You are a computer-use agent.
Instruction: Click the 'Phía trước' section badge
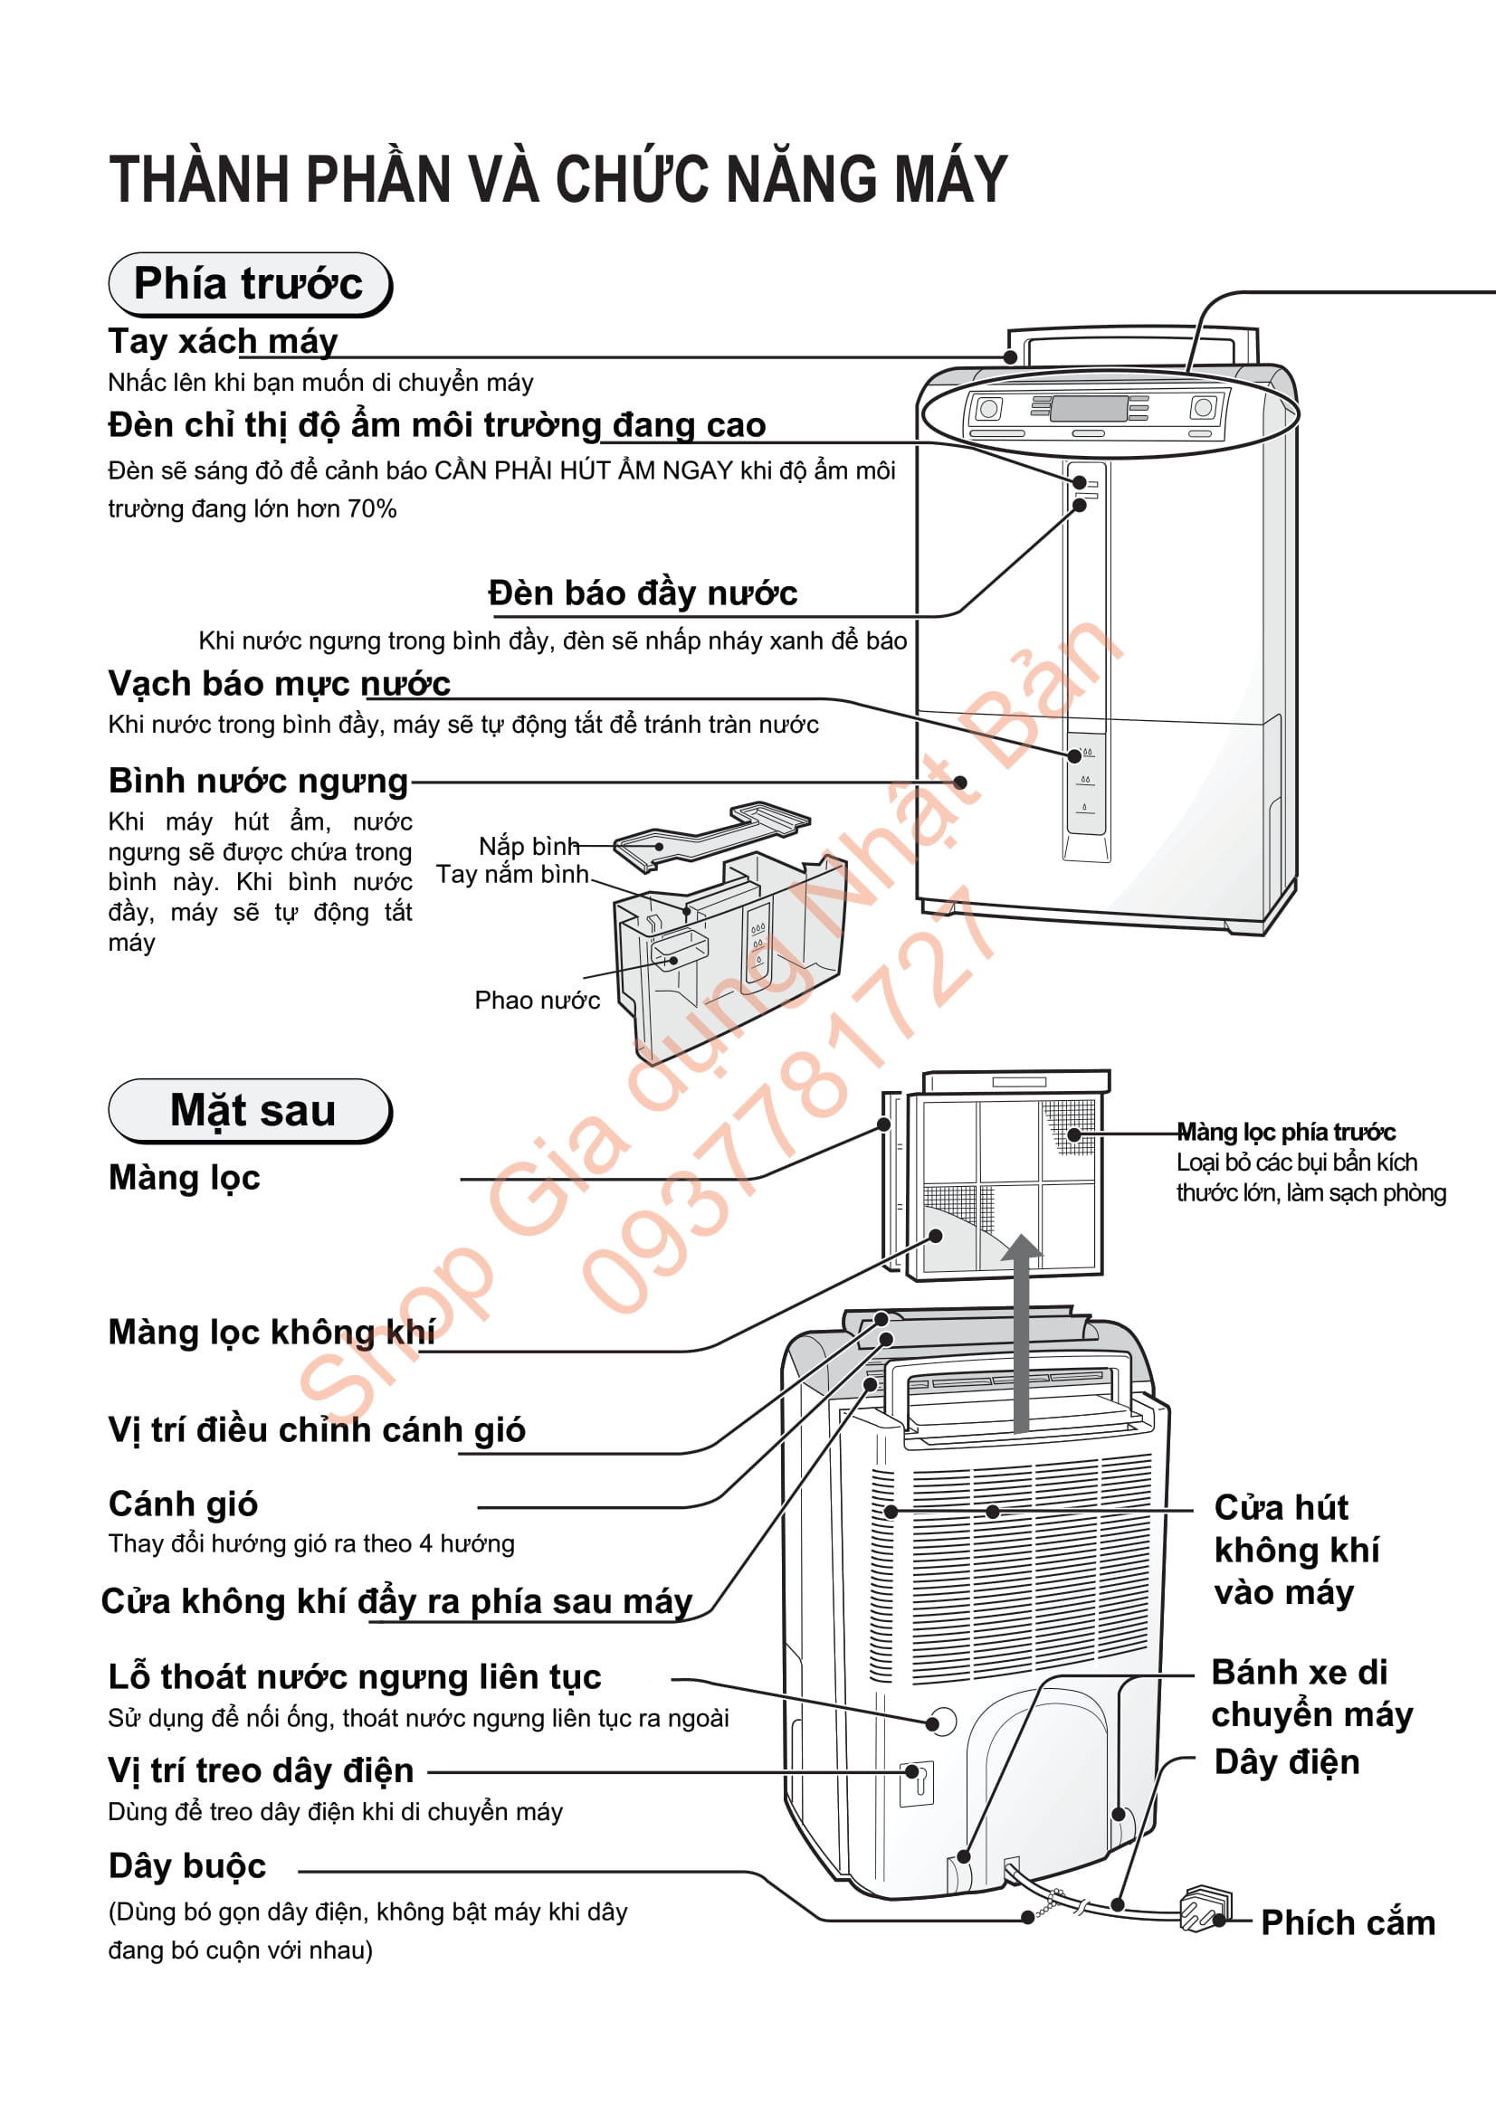coord(249,284)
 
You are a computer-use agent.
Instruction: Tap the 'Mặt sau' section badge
coord(251,1111)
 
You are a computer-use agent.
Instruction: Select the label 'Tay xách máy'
coord(223,342)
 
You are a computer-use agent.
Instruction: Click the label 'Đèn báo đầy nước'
coord(643,593)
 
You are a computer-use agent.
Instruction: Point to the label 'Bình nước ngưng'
coord(258,781)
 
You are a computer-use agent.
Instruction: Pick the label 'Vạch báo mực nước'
coord(280,684)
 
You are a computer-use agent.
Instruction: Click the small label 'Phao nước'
coord(537,1000)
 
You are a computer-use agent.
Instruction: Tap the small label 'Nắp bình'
coord(529,846)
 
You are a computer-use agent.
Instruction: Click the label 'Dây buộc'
coord(187,1866)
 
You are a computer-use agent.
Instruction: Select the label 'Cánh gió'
coord(183,1504)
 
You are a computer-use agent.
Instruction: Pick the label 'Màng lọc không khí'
coord(272,1333)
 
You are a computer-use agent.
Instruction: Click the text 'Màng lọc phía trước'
coord(1286,1132)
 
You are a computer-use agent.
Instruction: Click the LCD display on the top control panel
coord(1088,407)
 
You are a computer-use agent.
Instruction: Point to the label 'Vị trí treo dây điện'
coord(261,1771)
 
